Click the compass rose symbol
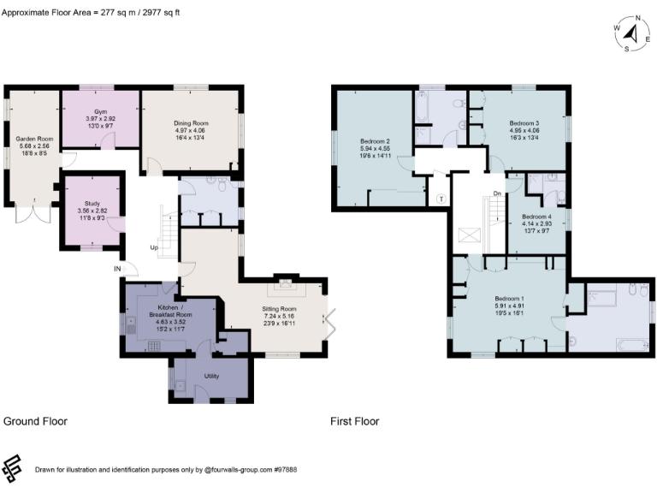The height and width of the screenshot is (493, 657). point(631,33)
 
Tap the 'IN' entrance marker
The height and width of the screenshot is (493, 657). point(117,269)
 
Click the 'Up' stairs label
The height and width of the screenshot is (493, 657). point(154,248)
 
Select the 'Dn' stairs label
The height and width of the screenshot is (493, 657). point(496,193)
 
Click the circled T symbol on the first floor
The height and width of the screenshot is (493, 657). point(441,198)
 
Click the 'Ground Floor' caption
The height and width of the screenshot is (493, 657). point(35,421)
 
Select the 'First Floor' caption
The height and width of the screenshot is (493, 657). point(354,421)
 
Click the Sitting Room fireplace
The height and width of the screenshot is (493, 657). point(286,286)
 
